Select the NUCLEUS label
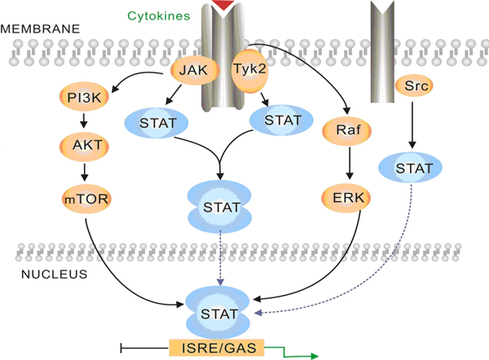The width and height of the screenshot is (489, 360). point(54,274)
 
